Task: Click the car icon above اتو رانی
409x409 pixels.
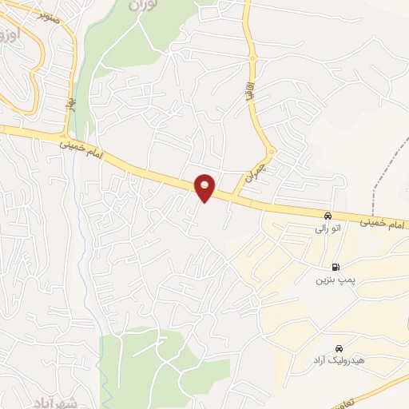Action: point(328,216)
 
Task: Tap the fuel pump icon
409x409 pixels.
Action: point(335,268)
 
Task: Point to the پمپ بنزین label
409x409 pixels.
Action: point(333,281)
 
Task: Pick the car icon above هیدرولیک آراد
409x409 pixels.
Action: point(340,349)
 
